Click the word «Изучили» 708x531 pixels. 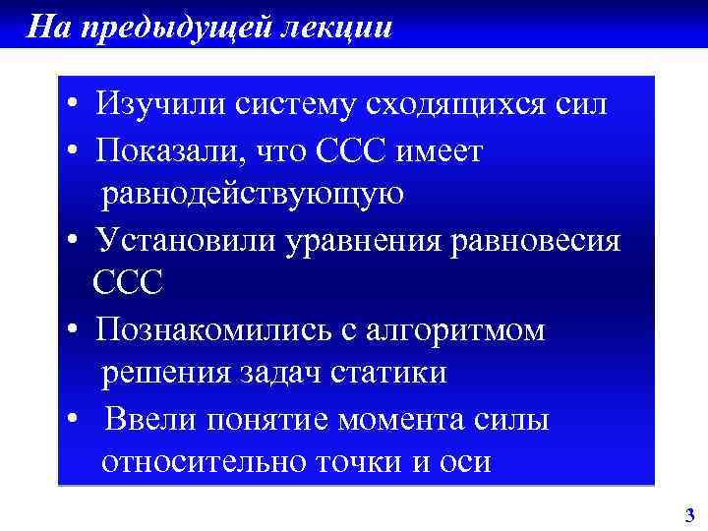tap(157, 104)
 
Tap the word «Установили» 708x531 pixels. tap(183, 241)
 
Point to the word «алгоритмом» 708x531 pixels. tap(460, 329)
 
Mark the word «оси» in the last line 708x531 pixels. tap(466, 462)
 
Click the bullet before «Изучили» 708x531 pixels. tap(74, 105)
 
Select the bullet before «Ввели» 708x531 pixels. tap(74, 421)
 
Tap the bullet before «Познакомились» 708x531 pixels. tap(74, 330)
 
